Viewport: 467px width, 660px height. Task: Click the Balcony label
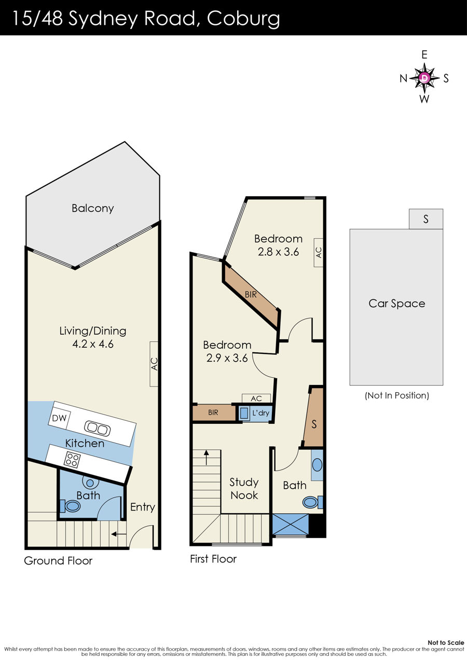[x=92, y=209]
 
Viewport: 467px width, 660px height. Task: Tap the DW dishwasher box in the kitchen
[x=59, y=418]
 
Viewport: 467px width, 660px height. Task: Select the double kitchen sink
[x=97, y=429]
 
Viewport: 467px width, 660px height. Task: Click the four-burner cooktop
[x=72, y=460]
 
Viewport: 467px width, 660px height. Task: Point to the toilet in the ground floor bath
[x=71, y=506]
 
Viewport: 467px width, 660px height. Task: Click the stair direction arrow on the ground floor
[x=119, y=533]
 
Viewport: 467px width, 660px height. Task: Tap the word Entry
[x=143, y=507]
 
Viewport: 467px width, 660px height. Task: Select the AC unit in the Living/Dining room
[x=154, y=364]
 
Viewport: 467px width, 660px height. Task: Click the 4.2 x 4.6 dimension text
[x=93, y=344]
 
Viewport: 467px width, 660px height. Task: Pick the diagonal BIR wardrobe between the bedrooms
[x=251, y=294]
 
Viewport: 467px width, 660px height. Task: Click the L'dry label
[x=261, y=413]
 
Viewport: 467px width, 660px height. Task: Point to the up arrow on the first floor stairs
[x=207, y=457]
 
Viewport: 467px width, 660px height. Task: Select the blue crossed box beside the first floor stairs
[x=291, y=525]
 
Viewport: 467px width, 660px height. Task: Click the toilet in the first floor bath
[x=312, y=502]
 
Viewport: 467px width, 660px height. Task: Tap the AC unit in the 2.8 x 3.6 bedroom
[x=319, y=253]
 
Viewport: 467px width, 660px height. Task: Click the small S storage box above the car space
[x=426, y=219]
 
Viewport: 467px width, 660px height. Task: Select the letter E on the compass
[x=424, y=55]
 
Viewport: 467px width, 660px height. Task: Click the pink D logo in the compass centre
[x=424, y=78]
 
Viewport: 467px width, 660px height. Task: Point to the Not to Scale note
[x=446, y=642]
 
